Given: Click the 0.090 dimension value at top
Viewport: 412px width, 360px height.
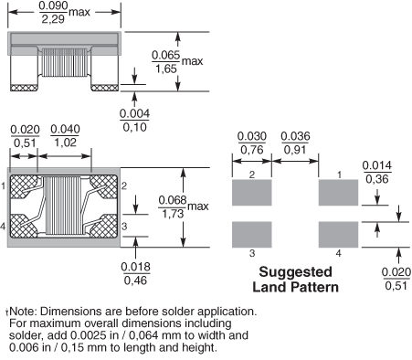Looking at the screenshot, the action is [54, 5].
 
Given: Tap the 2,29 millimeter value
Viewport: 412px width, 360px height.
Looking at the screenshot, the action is [53, 19].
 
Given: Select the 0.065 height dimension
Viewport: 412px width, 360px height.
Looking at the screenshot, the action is [166, 55].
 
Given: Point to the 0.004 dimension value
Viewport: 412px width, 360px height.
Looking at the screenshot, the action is [134, 113].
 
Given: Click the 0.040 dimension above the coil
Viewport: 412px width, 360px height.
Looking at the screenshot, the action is [65, 129].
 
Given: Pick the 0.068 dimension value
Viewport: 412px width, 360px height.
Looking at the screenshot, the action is [173, 200].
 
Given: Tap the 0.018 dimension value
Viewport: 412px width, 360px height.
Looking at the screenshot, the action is [136, 267].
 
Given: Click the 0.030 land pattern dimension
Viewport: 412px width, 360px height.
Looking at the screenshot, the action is [252, 136].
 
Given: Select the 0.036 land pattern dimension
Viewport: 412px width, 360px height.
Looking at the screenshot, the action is [295, 136].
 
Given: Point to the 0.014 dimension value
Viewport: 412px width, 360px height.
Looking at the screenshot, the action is [377, 165].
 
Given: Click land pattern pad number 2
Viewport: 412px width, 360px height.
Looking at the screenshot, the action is [252, 193].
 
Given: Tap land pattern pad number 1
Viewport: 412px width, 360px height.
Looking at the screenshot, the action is [338, 193].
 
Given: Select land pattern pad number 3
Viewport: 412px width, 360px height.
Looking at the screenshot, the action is [252, 235].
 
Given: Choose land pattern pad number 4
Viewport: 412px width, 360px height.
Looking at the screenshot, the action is [338, 235].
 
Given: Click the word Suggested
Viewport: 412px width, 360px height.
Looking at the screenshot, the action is [295, 272].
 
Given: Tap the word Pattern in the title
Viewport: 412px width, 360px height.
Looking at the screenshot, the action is [315, 287].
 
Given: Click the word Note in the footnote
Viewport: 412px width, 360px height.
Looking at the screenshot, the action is [23, 312].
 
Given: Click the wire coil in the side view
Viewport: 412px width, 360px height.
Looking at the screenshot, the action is [64, 62].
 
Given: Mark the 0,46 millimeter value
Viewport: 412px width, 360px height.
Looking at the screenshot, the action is [136, 281].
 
